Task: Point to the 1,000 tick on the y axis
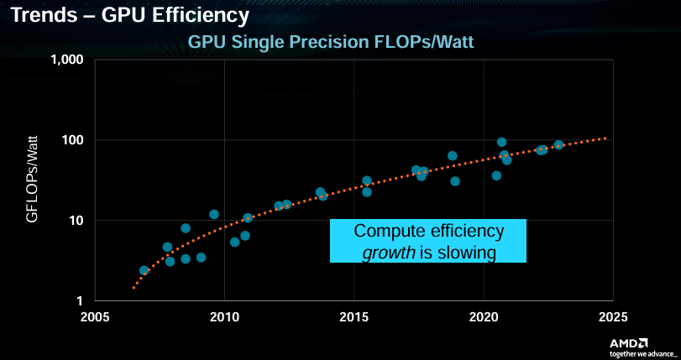(x=66, y=60)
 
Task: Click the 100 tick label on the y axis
(x=72, y=140)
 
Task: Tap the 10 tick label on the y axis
(x=76, y=221)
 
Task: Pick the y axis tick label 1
(x=81, y=300)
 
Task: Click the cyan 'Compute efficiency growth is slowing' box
(x=428, y=241)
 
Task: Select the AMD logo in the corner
(x=628, y=342)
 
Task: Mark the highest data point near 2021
(x=502, y=142)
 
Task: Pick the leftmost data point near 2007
(x=144, y=270)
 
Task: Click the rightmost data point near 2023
(x=558, y=144)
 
